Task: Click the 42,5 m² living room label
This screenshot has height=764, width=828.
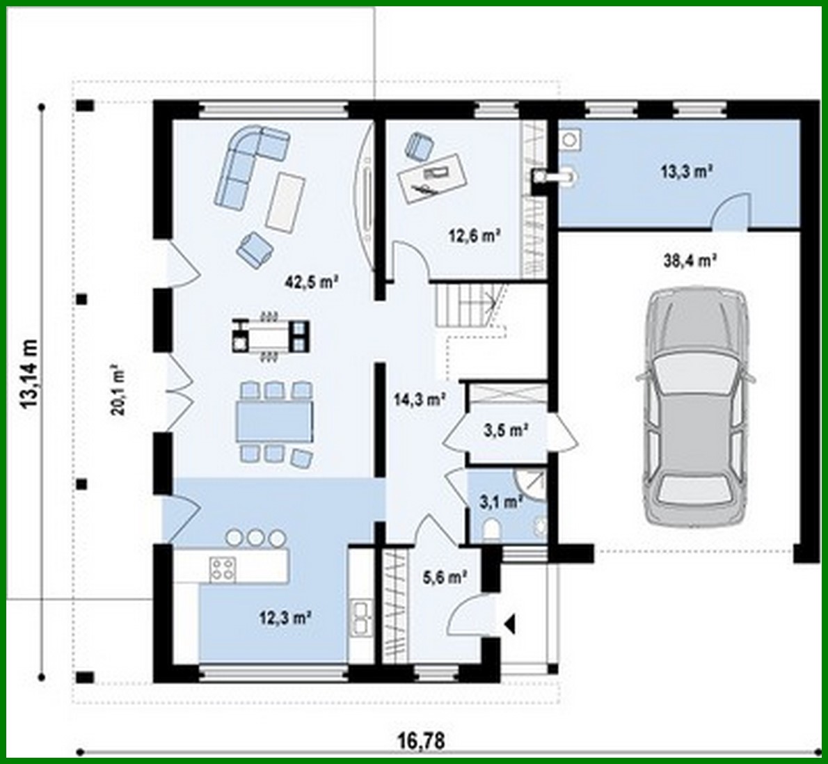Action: [311, 282]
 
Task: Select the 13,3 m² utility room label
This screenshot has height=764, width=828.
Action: [685, 170]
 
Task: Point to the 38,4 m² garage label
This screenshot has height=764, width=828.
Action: [691, 261]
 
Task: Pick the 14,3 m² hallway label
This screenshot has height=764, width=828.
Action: [420, 399]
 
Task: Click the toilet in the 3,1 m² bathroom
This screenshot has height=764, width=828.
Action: [491, 529]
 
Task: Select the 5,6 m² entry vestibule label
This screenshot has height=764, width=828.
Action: [444, 576]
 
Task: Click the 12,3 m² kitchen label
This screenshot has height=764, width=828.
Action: [285, 616]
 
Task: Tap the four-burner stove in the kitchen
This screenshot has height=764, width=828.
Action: [222, 569]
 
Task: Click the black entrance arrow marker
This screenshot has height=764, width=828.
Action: [509, 623]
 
